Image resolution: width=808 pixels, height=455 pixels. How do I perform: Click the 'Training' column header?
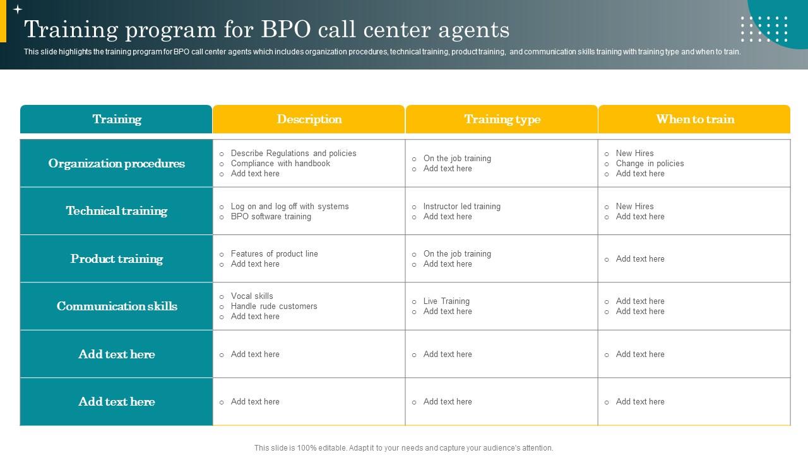tap(117, 119)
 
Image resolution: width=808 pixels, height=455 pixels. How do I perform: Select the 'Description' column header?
tap(309, 119)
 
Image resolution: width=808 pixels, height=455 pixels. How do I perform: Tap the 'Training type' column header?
tap(502, 119)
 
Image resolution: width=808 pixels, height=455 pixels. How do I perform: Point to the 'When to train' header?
tap(694, 119)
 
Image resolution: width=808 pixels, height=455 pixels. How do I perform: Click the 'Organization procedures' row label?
tap(117, 164)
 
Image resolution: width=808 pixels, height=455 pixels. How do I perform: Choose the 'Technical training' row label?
tap(117, 211)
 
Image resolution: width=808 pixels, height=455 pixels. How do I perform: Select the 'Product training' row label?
tap(117, 259)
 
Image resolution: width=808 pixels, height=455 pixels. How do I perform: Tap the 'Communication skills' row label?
tap(117, 306)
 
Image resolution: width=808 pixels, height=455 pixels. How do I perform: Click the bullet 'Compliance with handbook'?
tap(280, 164)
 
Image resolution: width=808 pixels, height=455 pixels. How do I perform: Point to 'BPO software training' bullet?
tap(271, 217)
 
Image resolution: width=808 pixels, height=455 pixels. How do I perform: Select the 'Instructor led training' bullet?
tap(461, 207)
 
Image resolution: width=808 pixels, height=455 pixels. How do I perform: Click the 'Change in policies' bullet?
tap(650, 164)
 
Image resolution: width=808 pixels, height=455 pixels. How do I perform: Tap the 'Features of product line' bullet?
tap(274, 254)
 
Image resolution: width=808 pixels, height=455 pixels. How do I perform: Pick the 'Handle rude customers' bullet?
tap(274, 306)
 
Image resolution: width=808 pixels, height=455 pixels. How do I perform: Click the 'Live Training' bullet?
tap(446, 301)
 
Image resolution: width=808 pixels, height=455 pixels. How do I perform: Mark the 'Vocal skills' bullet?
tap(252, 296)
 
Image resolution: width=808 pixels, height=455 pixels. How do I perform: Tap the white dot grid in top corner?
tap(764, 29)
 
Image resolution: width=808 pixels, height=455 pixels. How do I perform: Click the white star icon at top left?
tap(18, 9)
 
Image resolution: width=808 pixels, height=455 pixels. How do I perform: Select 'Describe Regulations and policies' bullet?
tap(294, 154)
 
